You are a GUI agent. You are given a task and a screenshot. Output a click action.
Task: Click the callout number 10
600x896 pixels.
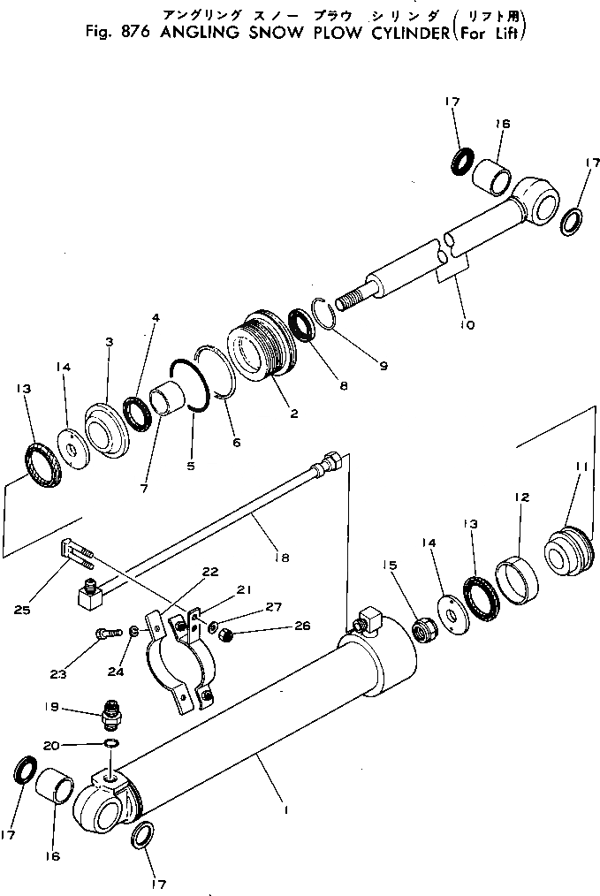467,325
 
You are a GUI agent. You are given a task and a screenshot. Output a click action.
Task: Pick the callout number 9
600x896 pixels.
382,364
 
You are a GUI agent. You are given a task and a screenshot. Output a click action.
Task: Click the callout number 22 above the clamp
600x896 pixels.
209,573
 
